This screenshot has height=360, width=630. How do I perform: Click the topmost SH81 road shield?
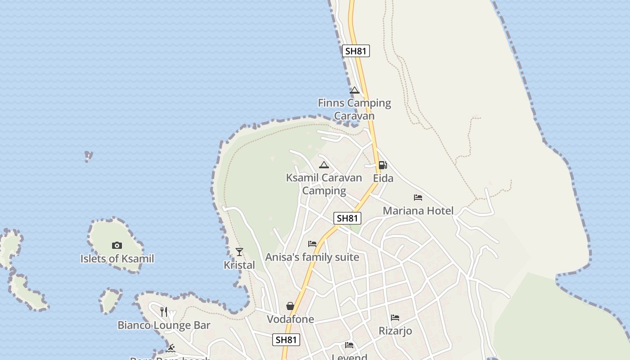pos(355,51)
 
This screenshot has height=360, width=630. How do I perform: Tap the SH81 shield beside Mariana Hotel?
pos(347,218)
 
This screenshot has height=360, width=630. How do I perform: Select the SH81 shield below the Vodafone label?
pos(286,340)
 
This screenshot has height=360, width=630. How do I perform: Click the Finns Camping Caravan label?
pos(354,109)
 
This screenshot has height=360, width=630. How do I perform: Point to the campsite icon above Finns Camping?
pos(355,90)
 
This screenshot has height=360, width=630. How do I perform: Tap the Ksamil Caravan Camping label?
pos(324,184)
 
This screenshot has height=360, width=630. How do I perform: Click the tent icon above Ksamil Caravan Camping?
pos(324,165)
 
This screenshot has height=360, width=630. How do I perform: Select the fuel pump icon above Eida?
pos(382,165)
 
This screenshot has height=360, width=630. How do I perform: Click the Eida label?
pos(383,178)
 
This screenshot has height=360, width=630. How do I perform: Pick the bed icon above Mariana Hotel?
pos(418,198)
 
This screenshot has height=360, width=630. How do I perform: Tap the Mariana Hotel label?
pos(418,211)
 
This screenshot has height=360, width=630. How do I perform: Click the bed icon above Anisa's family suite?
pos(312,244)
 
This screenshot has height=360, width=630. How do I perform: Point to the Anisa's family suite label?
pos(312,257)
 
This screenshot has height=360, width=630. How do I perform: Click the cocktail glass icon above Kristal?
pos(239,252)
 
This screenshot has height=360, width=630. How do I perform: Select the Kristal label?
pos(239,265)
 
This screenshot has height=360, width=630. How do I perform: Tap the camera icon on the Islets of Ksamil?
pos(117,245)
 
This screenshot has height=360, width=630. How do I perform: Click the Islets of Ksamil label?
pos(117,259)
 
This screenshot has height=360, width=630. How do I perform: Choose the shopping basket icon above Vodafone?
pos(290,306)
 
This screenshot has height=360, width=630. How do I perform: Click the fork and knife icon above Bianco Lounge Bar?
pos(164,311)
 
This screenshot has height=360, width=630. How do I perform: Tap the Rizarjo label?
pos(395,331)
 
